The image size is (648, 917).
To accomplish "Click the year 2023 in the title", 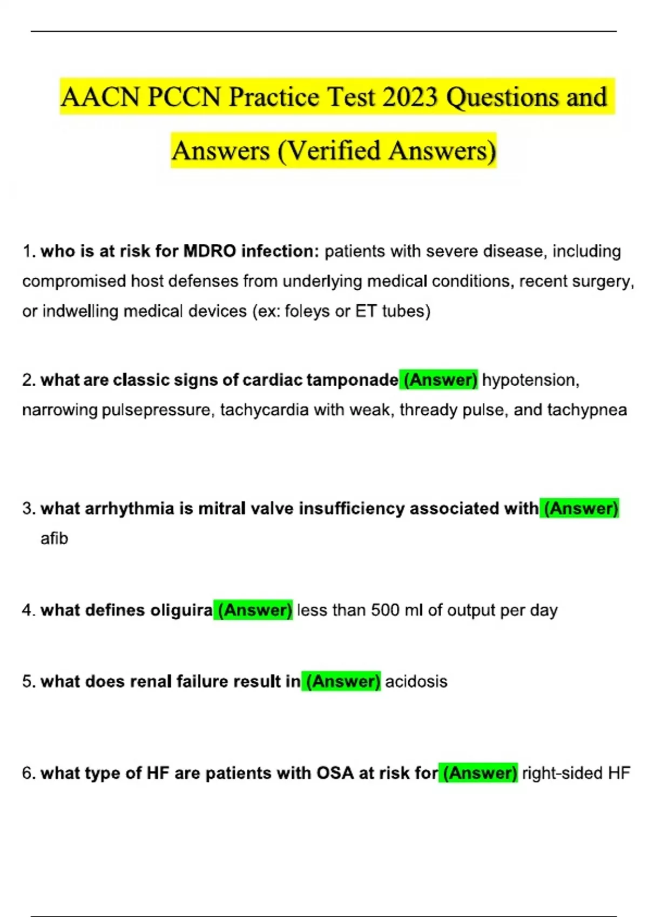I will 410,98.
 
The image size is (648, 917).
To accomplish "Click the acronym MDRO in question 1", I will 210,251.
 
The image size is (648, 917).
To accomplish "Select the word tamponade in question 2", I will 352,380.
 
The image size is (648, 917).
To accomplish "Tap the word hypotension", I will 530,380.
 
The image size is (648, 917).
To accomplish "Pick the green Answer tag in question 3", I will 580,509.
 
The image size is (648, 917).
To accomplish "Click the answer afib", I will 54,538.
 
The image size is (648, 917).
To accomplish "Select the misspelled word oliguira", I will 181,610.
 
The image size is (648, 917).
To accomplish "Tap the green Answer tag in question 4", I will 254,610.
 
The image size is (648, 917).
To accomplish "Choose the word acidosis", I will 416,681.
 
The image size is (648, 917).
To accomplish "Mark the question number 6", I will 28,773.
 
